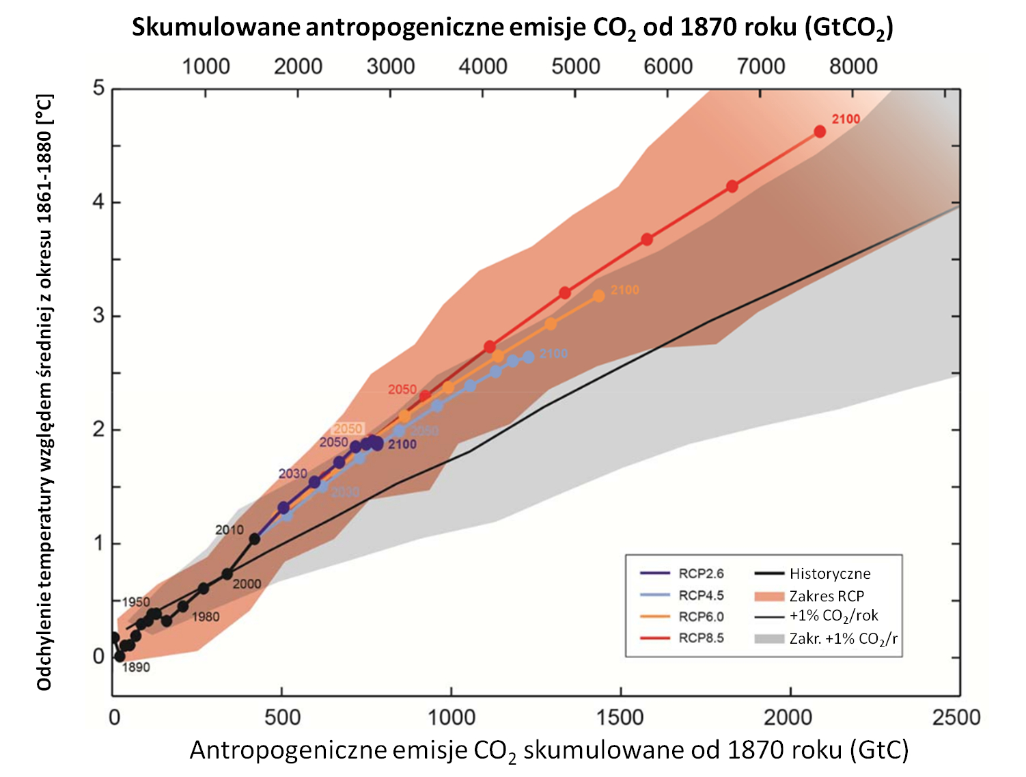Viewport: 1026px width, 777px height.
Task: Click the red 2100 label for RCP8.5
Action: [845, 120]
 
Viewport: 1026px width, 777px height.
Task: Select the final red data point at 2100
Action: [820, 131]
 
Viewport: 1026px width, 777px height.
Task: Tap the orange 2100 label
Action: [624, 290]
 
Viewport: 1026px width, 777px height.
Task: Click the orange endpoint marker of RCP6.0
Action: [599, 296]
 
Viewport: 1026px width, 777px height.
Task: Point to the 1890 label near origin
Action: [136, 667]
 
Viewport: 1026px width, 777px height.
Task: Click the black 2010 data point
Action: [254, 539]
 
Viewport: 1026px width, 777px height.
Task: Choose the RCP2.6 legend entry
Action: [701, 573]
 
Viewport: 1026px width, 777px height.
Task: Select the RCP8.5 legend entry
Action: [701, 638]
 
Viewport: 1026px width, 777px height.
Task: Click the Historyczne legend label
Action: [830, 573]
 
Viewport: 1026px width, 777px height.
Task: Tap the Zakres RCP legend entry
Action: [827, 596]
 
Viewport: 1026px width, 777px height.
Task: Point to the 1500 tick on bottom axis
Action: [620, 717]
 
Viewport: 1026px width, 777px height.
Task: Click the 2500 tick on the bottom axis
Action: [956, 717]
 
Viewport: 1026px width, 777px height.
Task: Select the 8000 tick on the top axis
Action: [853, 66]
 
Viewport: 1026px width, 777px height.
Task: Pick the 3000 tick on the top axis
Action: [391, 66]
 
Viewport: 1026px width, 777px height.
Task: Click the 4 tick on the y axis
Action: [98, 202]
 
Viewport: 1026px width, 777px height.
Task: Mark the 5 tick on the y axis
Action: [98, 89]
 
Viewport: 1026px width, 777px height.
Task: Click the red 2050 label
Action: [402, 390]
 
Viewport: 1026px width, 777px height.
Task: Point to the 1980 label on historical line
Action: [205, 617]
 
